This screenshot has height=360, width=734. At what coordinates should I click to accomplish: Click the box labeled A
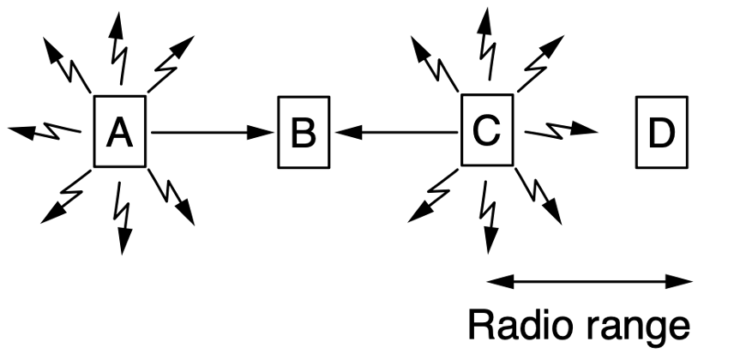[120, 132]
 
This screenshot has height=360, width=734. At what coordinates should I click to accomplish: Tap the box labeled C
[487, 131]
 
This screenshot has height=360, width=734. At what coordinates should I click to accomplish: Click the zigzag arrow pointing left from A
[43, 131]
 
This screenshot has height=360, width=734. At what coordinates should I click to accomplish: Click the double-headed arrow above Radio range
[588, 279]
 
